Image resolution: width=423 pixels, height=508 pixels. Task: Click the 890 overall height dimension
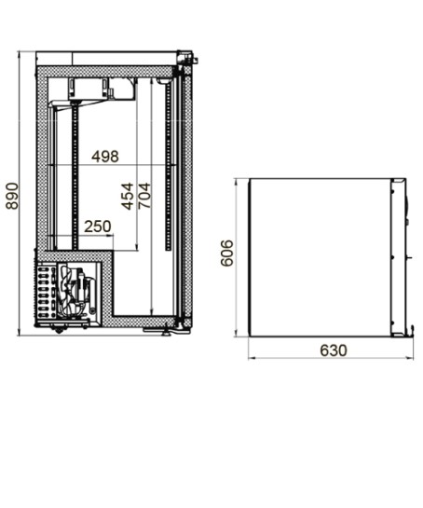click(x=12, y=197)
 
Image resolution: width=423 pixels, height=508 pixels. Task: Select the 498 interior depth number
click(x=105, y=157)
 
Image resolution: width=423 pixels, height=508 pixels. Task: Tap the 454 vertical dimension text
click(x=128, y=197)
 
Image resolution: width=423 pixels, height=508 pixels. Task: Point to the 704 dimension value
click(x=144, y=196)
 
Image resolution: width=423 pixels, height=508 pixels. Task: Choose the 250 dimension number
click(x=98, y=227)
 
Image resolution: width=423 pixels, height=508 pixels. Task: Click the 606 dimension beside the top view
click(x=226, y=253)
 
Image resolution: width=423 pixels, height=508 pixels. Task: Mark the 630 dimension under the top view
click(x=334, y=350)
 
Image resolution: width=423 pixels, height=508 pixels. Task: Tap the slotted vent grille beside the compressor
click(x=46, y=291)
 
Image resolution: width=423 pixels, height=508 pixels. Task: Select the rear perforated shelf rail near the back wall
click(x=75, y=177)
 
